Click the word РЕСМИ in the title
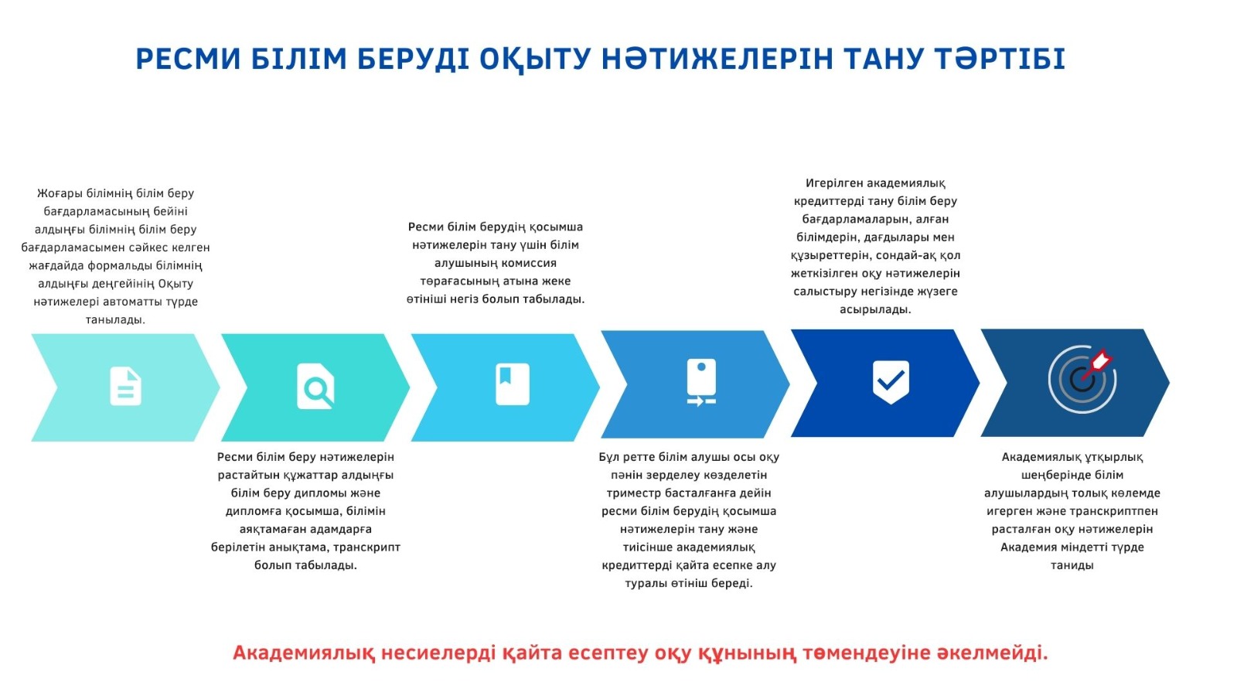pos(189,59)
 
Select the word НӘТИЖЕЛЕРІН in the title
pos(717,59)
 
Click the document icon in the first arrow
pos(126,386)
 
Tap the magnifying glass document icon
pos(315,386)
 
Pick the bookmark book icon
pos(513,384)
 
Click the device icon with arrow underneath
pos(701,382)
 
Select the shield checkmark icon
pos(891,382)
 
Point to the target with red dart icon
pos(1082,380)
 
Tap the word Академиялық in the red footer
pos(304,653)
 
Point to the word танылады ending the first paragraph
pos(115,320)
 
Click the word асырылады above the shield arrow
pos(875,309)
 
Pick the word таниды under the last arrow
pos(1072,565)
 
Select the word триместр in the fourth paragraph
pos(632,493)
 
